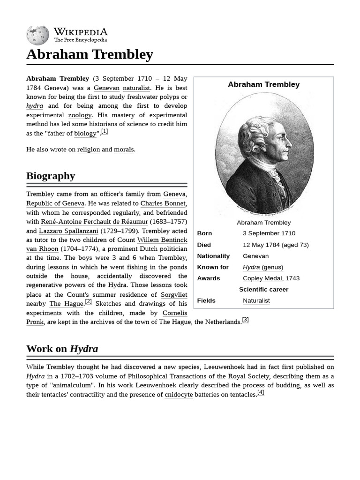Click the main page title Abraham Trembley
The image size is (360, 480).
(x=90, y=54)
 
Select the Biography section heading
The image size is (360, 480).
(x=51, y=176)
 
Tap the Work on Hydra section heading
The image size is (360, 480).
(x=62, y=348)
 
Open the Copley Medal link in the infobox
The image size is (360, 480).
(x=262, y=278)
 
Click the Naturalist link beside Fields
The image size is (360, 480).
(x=256, y=300)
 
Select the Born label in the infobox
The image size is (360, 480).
(x=204, y=233)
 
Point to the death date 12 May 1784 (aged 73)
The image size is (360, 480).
(x=276, y=244)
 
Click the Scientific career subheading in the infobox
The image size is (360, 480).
(x=263, y=289)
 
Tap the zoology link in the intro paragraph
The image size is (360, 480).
(x=80, y=115)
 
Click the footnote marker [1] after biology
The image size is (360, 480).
(x=105, y=132)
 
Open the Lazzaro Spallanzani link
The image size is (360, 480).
(x=68, y=231)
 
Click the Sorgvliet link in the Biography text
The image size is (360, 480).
(x=174, y=294)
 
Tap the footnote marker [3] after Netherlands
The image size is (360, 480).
(x=245, y=320)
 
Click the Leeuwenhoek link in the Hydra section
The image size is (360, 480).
(x=224, y=367)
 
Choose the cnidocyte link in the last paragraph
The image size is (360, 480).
(x=179, y=395)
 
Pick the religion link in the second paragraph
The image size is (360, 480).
(x=89, y=150)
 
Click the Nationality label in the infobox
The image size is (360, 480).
(x=213, y=256)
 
